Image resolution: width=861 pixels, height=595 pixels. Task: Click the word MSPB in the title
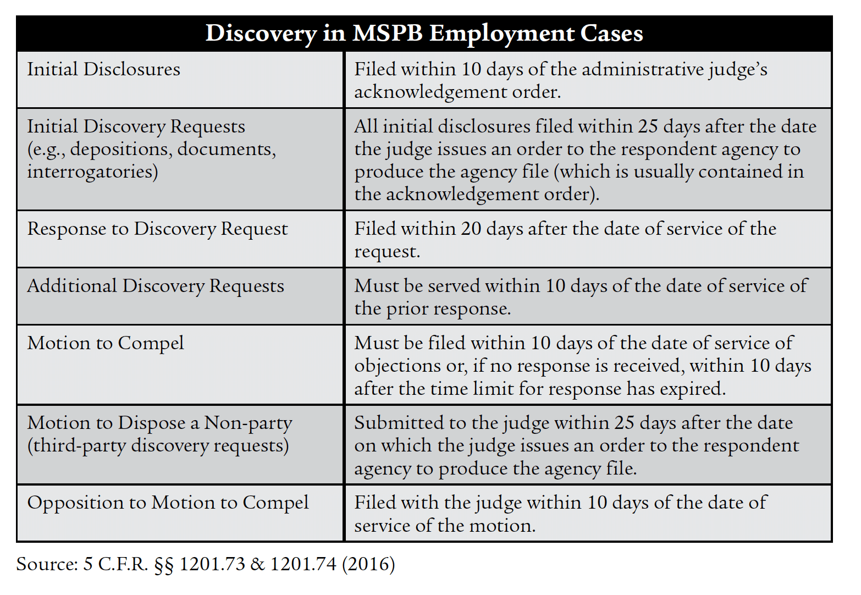click(x=388, y=33)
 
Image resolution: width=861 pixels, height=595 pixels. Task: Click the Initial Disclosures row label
click(x=104, y=70)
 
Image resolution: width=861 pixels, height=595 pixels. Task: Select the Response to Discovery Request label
click(x=158, y=230)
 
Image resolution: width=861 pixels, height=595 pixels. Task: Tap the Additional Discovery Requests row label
click(x=156, y=287)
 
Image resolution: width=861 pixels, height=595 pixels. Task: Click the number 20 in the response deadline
click(x=471, y=229)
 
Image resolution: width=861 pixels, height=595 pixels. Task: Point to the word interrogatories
click(x=92, y=172)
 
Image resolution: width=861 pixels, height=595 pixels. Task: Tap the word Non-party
click(x=248, y=423)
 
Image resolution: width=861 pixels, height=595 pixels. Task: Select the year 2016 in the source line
click(x=368, y=564)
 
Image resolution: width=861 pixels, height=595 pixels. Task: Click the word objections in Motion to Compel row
click(x=398, y=366)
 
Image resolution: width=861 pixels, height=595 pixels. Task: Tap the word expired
click(x=693, y=389)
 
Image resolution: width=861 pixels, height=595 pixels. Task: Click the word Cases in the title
click(x=611, y=33)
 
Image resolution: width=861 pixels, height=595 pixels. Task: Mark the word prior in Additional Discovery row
click(x=409, y=310)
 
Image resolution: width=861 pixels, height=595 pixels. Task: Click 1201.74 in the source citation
click(x=303, y=564)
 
